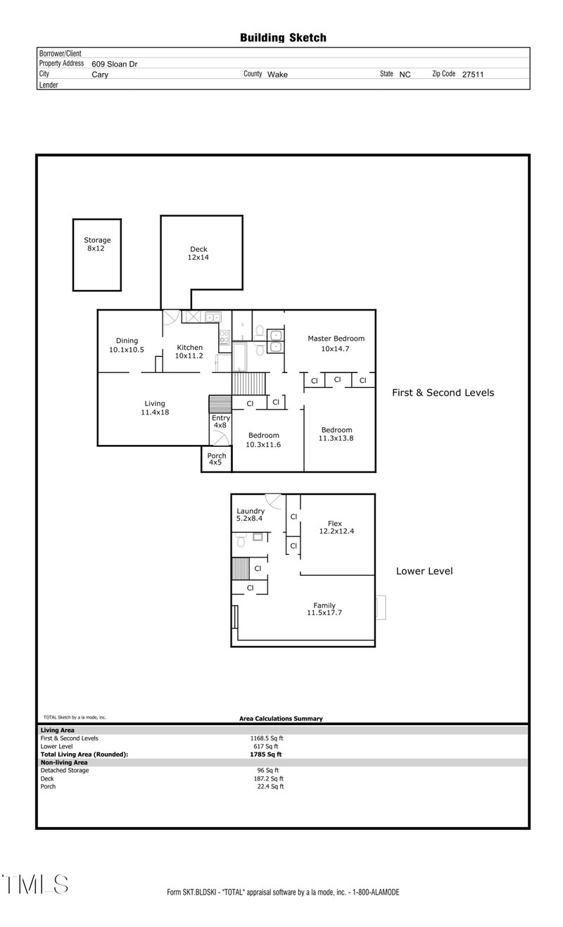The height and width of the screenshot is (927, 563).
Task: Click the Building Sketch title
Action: click(283, 38)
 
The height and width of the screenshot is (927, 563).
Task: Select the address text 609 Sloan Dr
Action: click(115, 63)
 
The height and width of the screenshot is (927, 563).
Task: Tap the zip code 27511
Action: click(473, 74)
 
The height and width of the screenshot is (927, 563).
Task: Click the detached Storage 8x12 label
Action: click(97, 244)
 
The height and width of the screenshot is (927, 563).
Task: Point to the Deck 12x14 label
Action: click(198, 253)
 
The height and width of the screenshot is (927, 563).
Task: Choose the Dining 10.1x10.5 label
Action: click(127, 345)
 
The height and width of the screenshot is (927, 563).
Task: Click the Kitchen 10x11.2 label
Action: click(189, 351)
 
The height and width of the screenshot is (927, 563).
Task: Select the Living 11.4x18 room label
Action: click(155, 408)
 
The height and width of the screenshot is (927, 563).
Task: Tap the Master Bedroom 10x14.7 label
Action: click(336, 343)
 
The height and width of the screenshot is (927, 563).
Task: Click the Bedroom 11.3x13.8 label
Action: click(336, 434)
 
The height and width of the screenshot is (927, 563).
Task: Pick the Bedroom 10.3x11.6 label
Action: click(263, 439)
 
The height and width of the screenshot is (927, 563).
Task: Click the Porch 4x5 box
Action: click(217, 459)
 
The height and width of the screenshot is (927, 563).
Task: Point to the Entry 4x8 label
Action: click(220, 422)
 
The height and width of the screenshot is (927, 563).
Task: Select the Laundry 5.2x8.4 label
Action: click(250, 515)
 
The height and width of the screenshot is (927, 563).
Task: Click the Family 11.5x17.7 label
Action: click(324, 609)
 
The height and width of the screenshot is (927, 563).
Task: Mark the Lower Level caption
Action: click(424, 571)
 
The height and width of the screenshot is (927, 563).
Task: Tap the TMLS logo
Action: click(35, 884)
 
